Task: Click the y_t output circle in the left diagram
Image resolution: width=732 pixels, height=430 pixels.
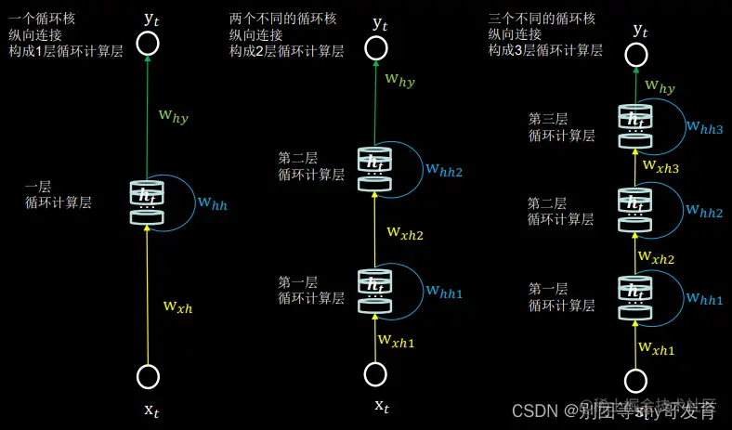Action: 147,43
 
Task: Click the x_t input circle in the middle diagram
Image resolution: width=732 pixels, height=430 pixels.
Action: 376,373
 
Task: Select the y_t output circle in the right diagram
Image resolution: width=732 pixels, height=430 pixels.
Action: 636,54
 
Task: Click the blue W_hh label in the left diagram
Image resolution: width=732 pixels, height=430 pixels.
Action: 212,203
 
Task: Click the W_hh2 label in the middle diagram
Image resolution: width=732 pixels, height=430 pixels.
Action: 444,170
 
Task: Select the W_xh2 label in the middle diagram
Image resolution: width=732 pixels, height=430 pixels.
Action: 406,233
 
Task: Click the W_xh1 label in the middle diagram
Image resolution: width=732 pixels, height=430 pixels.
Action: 397,341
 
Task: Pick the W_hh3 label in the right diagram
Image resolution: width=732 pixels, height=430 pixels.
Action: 704,128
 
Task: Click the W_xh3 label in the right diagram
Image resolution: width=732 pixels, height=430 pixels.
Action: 661,166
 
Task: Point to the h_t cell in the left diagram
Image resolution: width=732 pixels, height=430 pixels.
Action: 147,202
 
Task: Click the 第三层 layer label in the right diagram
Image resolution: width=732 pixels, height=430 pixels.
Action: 547,119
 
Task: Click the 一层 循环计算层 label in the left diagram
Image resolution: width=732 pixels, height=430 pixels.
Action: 59,195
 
